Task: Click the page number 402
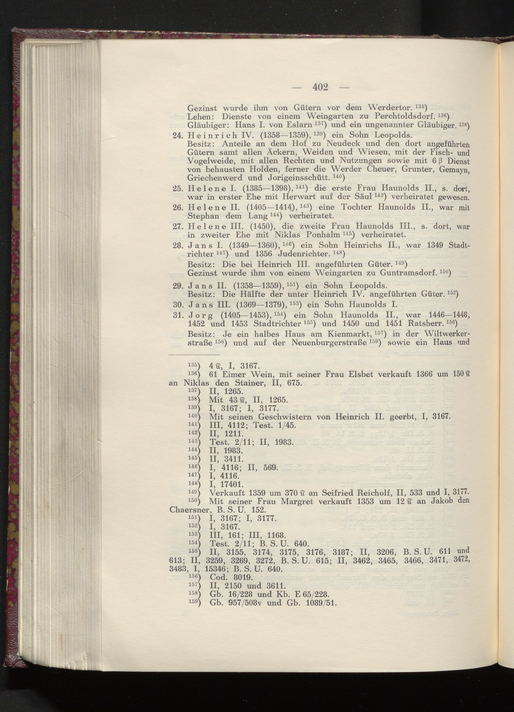[320, 87]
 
